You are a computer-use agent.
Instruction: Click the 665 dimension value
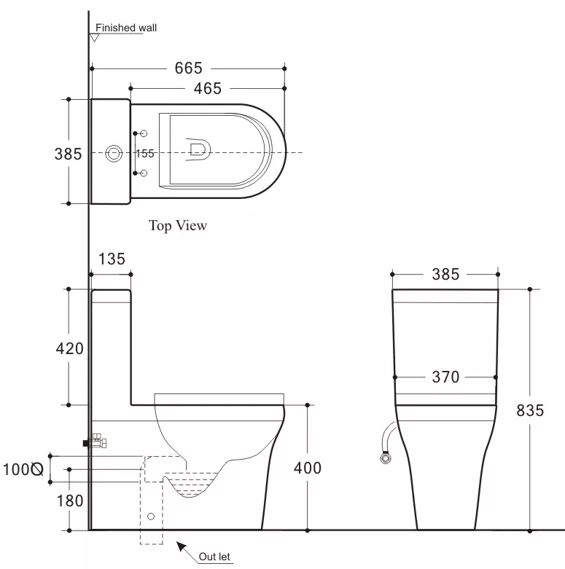click(x=188, y=68)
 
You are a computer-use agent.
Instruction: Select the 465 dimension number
click(x=207, y=89)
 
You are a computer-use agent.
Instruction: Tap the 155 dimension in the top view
click(x=145, y=154)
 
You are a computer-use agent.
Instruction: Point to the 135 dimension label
click(x=112, y=259)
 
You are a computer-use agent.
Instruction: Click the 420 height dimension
click(x=70, y=348)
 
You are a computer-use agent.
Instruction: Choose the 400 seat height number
click(x=308, y=468)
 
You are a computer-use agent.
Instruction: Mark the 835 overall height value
click(x=530, y=410)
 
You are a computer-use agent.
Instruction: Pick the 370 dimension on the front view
click(x=445, y=377)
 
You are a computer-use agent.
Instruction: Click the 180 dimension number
click(x=70, y=501)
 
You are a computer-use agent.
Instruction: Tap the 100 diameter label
click(x=23, y=469)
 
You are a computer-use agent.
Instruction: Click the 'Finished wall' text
click(x=126, y=28)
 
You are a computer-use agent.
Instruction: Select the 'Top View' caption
click(x=178, y=225)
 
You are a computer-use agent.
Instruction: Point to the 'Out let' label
click(x=214, y=557)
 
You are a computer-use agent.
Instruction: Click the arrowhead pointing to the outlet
click(x=182, y=546)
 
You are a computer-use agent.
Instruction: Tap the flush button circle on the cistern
click(x=114, y=154)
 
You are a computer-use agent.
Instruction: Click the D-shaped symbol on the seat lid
click(x=198, y=149)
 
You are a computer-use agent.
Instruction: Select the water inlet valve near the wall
click(x=95, y=441)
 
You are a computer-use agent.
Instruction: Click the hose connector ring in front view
click(x=386, y=458)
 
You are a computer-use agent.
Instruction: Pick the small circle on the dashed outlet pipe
click(x=151, y=517)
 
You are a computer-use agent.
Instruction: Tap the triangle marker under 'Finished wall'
click(x=94, y=38)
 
